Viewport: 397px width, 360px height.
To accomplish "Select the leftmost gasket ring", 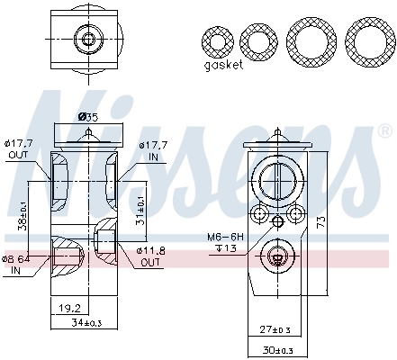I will point(220,42).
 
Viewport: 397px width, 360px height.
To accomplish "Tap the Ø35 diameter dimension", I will point(88,116).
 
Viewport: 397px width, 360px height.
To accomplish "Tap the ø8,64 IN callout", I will point(17,263).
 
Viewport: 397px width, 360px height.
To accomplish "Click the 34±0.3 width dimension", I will point(88,322).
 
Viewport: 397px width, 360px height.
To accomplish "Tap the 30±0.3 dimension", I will point(280,350).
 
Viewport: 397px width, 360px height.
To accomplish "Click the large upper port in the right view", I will point(277,180).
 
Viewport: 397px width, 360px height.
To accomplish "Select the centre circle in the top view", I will point(87,39).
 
